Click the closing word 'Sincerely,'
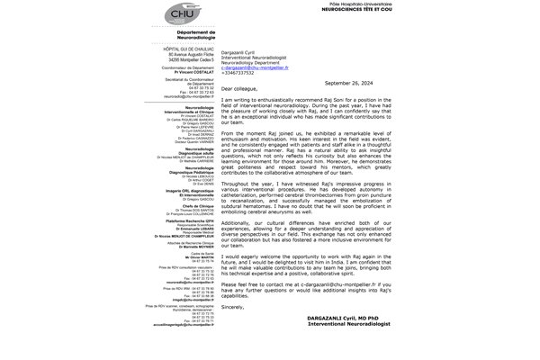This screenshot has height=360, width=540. point(232,306)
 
